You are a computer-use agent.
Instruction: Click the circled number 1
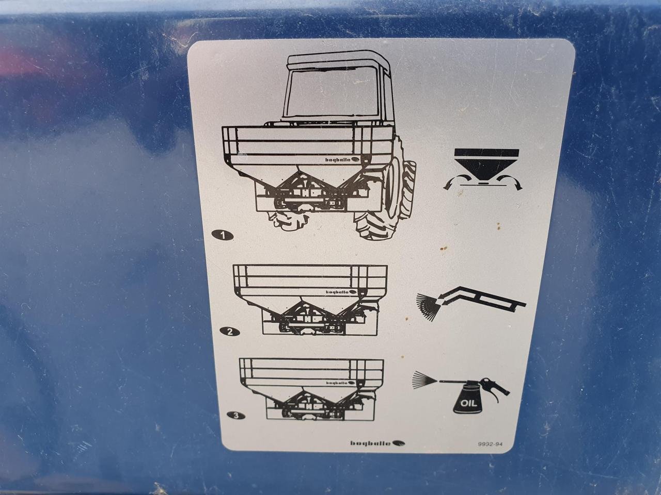(223, 235)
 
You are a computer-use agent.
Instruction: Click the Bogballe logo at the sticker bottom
(377, 443)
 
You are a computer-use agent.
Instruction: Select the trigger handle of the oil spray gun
(496, 392)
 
